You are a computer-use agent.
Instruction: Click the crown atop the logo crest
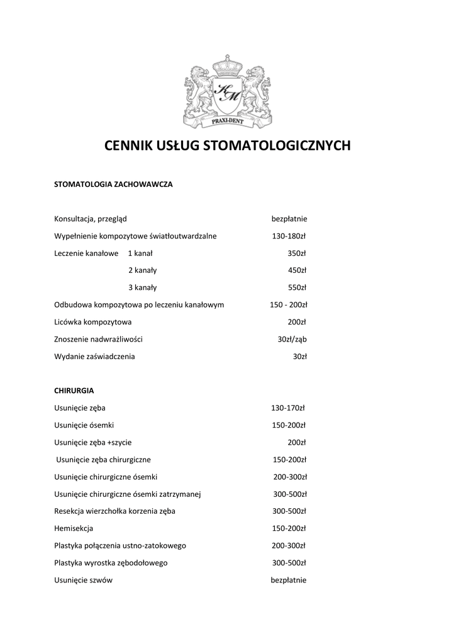[x=227, y=66]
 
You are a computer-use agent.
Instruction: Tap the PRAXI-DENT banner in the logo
[x=227, y=122]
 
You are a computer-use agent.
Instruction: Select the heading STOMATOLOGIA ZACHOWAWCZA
[x=113, y=185]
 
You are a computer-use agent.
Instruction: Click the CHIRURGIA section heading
[x=74, y=390]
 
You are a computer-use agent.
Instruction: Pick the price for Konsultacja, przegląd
[x=289, y=219]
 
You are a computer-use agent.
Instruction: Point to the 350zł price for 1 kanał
[x=296, y=253]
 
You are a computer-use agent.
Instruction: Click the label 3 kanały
[x=142, y=287]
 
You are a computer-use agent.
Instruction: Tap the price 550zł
[x=296, y=287]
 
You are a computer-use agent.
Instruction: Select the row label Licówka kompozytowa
[x=93, y=322]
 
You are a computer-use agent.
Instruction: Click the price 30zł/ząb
[x=292, y=339]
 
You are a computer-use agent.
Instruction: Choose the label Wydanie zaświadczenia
[x=94, y=357]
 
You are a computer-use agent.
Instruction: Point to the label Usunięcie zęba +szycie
[x=93, y=442]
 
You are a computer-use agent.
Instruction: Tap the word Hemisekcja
[x=74, y=528]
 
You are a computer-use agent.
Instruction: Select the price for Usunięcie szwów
[x=288, y=580]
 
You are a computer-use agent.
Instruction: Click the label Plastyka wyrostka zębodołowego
[x=111, y=563]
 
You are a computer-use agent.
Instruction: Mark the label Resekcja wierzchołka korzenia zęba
[x=115, y=511]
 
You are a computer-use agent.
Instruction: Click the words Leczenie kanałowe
[x=87, y=253]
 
